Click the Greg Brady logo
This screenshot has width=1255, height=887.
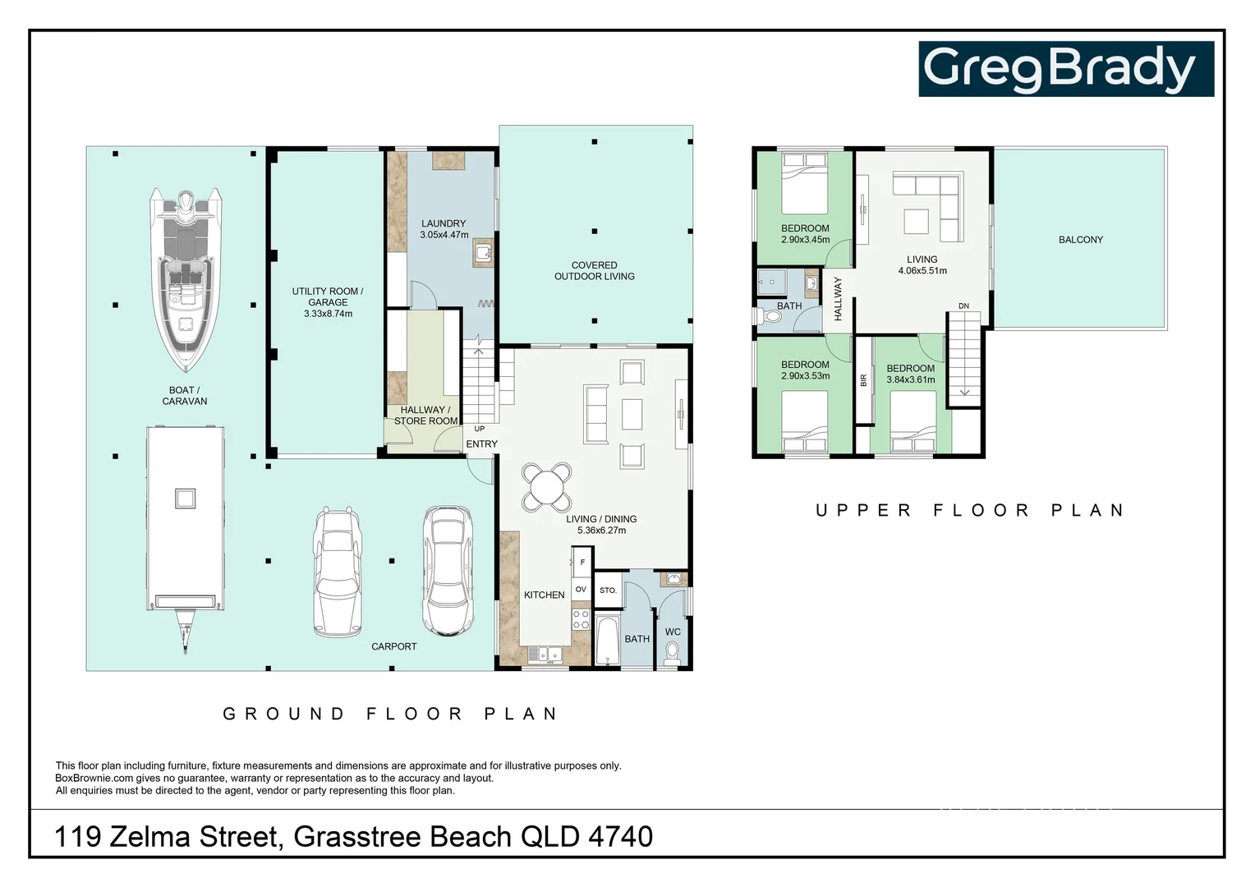point(1065,69)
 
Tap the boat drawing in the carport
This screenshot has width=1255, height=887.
point(185,279)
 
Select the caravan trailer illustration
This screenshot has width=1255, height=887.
point(185,526)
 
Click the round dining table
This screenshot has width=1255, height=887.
point(547,488)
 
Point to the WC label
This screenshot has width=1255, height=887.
point(673,632)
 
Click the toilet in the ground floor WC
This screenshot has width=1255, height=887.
point(673,653)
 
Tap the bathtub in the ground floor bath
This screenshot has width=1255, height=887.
point(608,641)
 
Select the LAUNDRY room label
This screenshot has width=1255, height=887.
point(444,223)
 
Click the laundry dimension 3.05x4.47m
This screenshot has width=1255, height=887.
point(444,235)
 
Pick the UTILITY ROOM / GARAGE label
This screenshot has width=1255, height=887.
point(328,296)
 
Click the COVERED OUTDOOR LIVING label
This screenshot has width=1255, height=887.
point(595,271)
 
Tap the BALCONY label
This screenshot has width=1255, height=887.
point(1080,240)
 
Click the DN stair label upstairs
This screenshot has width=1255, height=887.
point(963,306)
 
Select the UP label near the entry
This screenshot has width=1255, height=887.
point(480,429)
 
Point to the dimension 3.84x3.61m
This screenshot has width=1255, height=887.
point(911,379)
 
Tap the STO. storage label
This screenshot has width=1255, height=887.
point(608,591)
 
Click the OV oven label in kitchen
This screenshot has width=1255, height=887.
point(581,590)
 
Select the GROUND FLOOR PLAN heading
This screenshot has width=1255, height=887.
point(391,714)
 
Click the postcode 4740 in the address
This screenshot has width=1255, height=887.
point(620,836)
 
